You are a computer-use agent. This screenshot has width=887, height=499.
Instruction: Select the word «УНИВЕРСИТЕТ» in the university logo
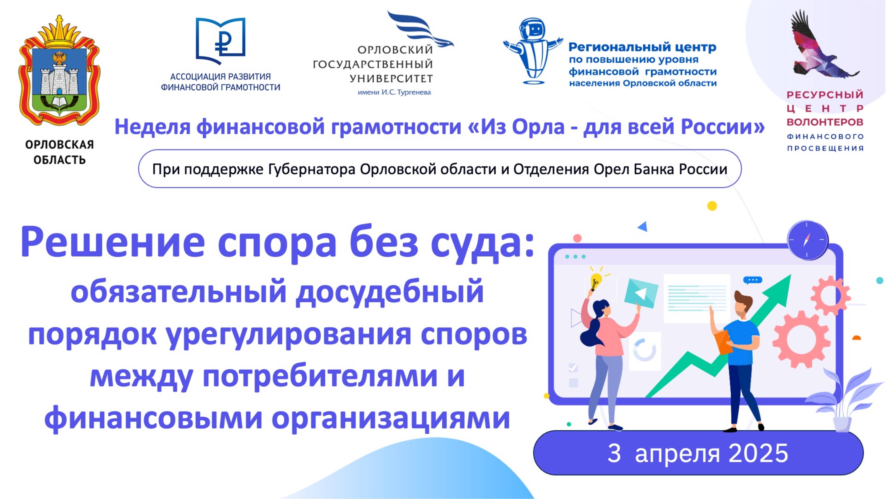391,79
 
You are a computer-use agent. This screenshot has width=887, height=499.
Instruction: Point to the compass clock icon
808,240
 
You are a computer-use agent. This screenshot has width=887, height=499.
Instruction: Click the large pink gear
801,339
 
